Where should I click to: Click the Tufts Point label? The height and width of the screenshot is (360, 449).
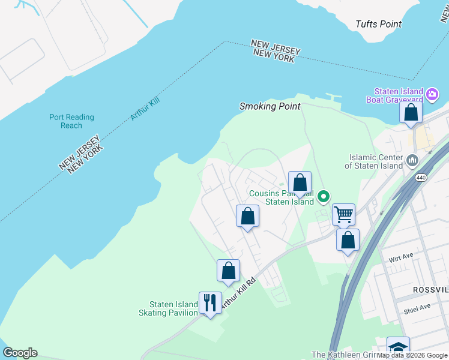point(378,24)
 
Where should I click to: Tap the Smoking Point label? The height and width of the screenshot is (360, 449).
point(270,106)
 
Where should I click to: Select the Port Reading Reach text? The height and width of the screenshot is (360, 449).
point(71,121)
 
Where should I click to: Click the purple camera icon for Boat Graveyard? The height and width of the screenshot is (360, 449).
point(432,94)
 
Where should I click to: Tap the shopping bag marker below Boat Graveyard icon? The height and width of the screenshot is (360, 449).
point(411,113)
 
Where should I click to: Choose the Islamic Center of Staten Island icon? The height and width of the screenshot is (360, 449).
point(412,160)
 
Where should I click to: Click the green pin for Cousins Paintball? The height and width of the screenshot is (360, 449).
point(324,196)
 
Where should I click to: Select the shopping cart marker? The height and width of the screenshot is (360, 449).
point(343,214)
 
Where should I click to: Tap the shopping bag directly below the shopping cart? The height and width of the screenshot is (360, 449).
point(348,240)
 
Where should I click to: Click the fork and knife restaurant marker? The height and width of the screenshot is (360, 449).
point(210,302)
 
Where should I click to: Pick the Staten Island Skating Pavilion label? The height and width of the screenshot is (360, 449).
point(169,309)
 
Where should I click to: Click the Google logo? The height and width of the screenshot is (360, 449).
point(20,353)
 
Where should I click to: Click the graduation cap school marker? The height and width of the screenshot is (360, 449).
point(398,347)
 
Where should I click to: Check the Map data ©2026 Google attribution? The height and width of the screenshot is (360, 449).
point(412,355)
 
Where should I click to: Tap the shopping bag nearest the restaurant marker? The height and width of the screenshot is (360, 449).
point(228,271)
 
